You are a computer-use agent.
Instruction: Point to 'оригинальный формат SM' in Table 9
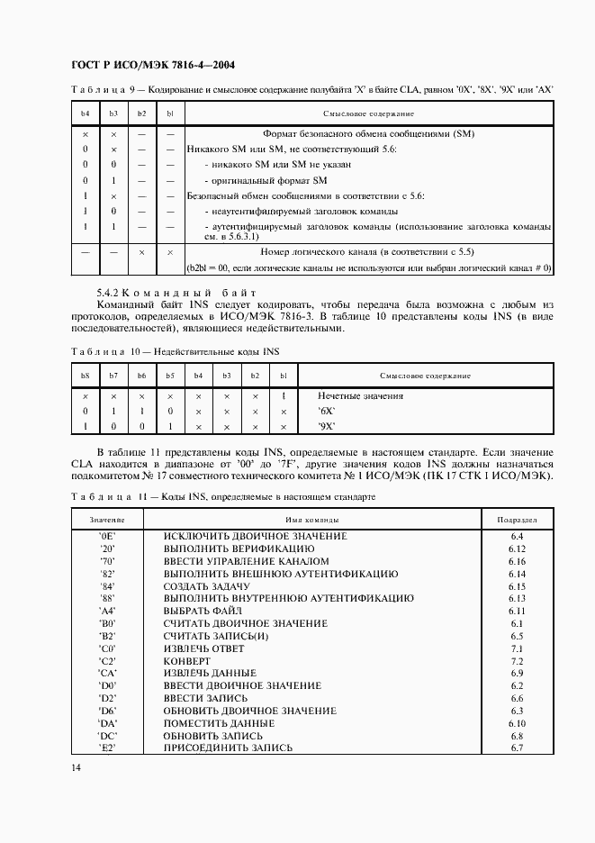pos(256,180)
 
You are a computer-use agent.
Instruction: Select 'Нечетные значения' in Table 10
pos(360,395)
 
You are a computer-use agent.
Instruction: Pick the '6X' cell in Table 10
pos(326,411)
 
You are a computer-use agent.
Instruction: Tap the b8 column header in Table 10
pos(86,376)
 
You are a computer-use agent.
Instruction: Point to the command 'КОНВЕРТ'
pos(186,660)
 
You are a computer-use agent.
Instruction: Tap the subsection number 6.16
pos(517,560)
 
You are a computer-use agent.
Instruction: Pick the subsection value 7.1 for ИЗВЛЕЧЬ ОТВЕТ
pos(517,648)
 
